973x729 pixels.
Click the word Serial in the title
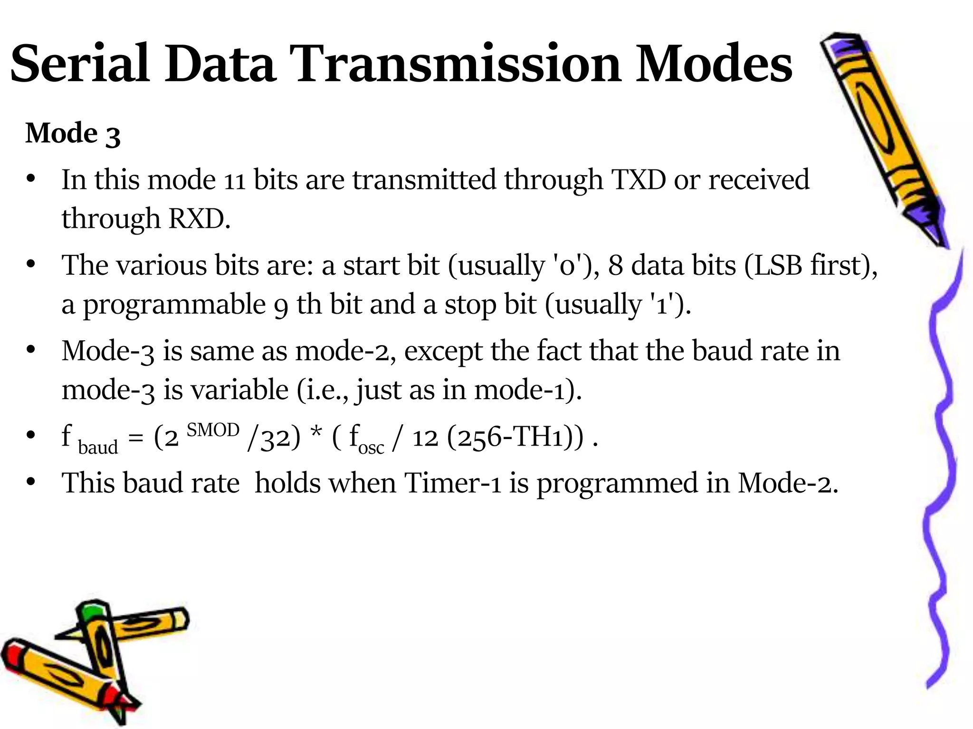coord(79,65)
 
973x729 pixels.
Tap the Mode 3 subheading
coord(73,133)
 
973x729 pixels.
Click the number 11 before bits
coord(234,181)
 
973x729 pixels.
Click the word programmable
coord(174,305)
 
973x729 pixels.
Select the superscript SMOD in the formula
coord(213,430)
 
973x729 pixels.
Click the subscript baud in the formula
coord(97,448)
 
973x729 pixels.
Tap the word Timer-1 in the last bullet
coord(453,484)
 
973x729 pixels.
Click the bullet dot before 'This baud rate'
coord(31,483)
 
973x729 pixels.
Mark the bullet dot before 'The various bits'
coord(31,264)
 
